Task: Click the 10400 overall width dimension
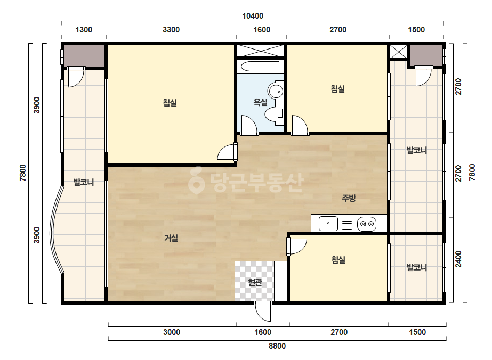pyautogui.click(x=253, y=15)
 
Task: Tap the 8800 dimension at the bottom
pyautogui.click(x=277, y=346)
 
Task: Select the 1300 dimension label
pyautogui.click(x=84, y=30)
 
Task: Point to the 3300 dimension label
pyautogui.click(x=171, y=30)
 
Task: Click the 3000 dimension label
pyautogui.click(x=172, y=332)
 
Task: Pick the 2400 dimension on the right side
pyautogui.click(x=458, y=259)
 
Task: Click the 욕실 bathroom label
pyautogui.click(x=261, y=102)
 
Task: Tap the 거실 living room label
pyautogui.click(x=171, y=238)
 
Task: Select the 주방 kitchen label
pyautogui.click(x=349, y=198)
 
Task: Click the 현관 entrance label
pyautogui.click(x=255, y=282)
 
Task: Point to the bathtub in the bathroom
pyautogui.click(x=260, y=66)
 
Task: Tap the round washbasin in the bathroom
pyautogui.click(x=276, y=92)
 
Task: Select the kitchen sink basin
pyautogui.click(x=328, y=224)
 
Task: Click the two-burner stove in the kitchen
pyautogui.click(x=367, y=224)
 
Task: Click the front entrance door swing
pyautogui.click(x=263, y=312)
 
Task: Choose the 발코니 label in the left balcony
pyautogui.click(x=84, y=182)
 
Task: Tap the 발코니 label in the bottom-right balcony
pyautogui.click(x=417, y=267)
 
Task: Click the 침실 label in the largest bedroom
pyautogui.click(x=170, y=103)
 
